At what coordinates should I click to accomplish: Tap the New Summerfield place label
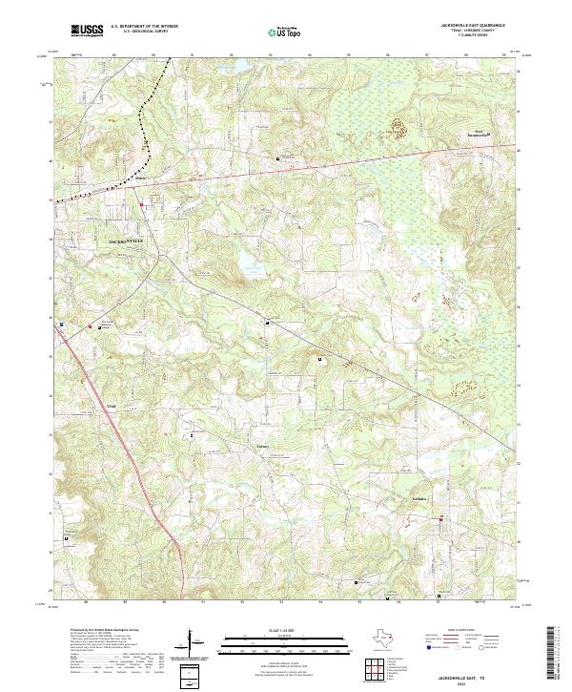click(488, 134)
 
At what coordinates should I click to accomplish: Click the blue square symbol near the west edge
click(62, 324)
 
